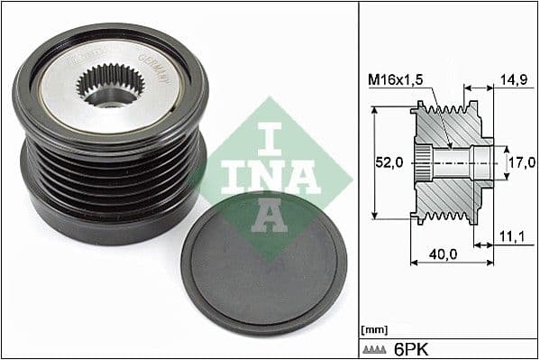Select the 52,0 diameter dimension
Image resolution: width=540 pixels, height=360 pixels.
coord(389,163)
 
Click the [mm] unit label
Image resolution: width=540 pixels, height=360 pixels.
coord(373,330)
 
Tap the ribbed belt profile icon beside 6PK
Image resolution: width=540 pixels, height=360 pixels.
coord(379,347)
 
